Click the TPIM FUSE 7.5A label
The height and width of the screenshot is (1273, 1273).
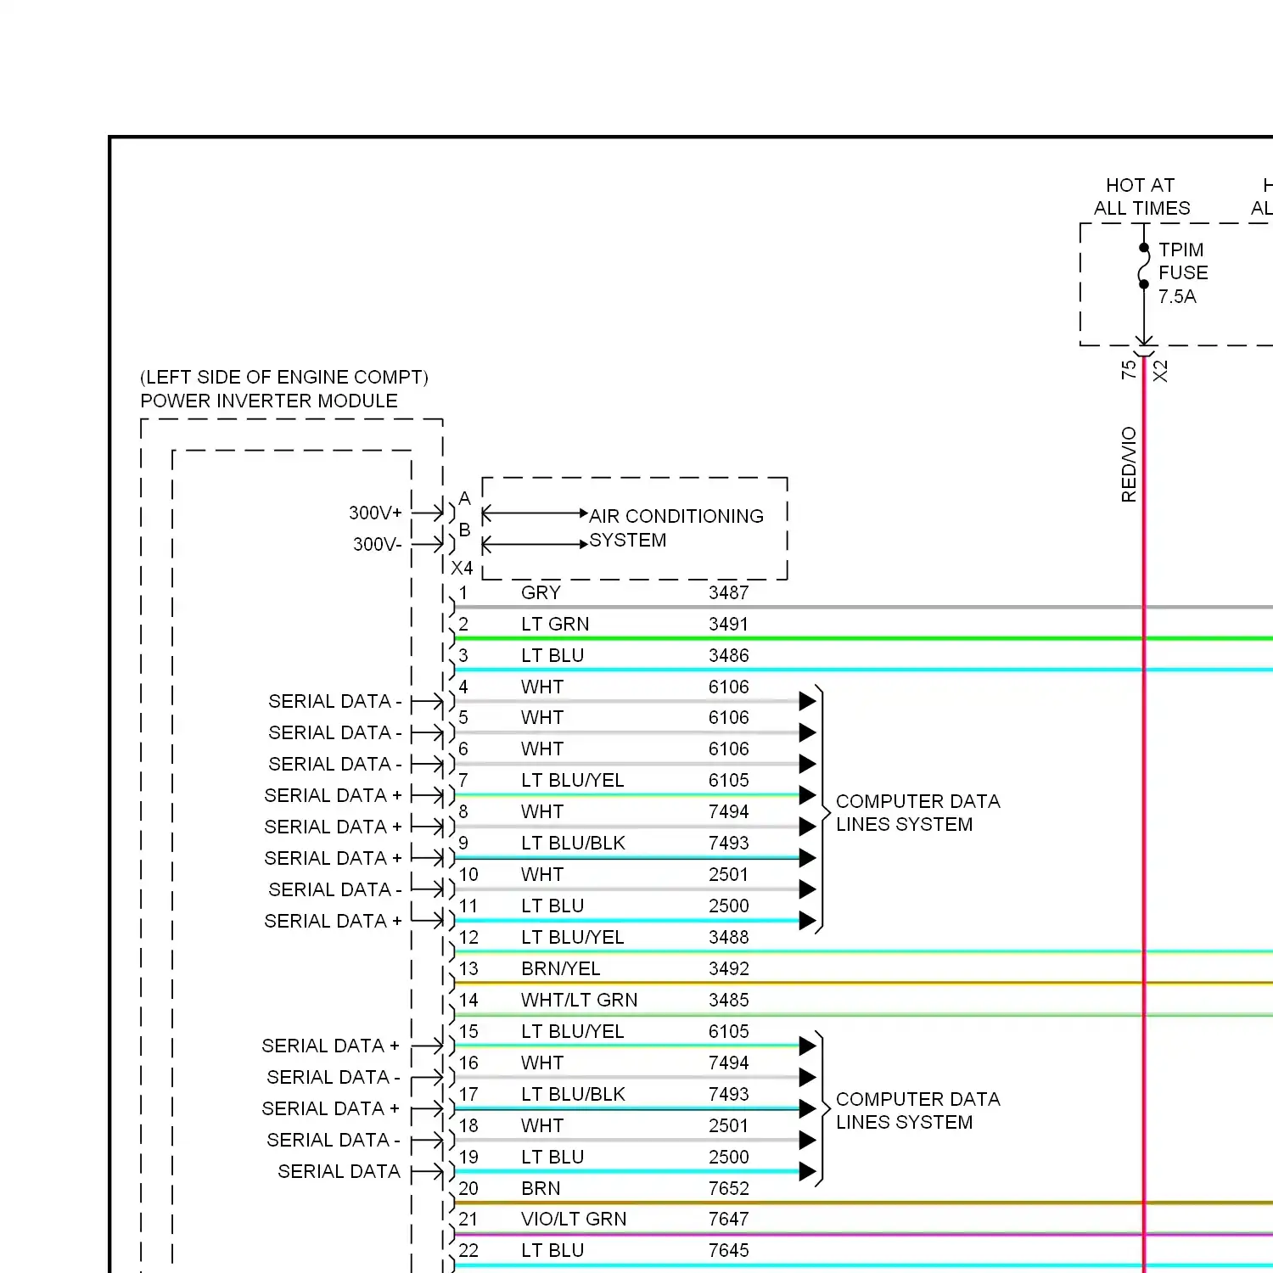pyautogui.click(x=1182, y=273)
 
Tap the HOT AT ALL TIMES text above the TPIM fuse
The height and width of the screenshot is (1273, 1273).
pyautogui.click(x=1141, y=197)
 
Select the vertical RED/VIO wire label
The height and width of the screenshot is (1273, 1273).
pyautogui.click(x=1129, y=464)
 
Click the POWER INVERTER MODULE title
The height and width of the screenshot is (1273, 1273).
pyautogui.click(x=269, y=401)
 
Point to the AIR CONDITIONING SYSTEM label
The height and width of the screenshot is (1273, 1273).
pyautogui.click(x=676, y=528)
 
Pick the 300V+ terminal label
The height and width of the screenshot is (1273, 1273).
pyautogui.click(x=375, y=513)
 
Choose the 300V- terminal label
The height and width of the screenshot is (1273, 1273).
pyautogui.click(x=377, y=544)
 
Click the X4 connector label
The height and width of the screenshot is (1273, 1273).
pyautogui.click(x=462, y=568)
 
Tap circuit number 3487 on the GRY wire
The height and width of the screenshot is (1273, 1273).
pyautogui.click(x=728, y=592)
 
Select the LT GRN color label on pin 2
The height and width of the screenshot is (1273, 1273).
pyautogui.click(x=555, y=624)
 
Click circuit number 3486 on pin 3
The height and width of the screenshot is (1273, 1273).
pyautogui.click(x=728, y=655)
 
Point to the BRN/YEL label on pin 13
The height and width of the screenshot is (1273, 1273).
pyautogui.click(x=560, y=968)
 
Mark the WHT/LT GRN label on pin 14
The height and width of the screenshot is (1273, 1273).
pyautogui.click(x=579, y=1000)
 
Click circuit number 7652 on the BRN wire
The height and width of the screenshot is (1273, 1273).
pyautogui.click(x=728, y=1188)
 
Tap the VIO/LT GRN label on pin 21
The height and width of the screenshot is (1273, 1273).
pyautogui.click(x=574, y=1219)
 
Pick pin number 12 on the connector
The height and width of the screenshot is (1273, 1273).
pyautogui.click(x=468, y=937)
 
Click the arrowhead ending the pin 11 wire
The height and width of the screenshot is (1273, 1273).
pyautogui.click(x=807, y=921)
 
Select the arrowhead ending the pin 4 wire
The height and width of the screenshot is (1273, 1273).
pyautogui.click(x=807, y=701)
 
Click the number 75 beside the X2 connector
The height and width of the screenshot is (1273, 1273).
pyautogui.click(x=1128, y=370)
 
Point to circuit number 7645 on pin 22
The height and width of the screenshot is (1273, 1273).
pyautogui.click(x=728, y=1250)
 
